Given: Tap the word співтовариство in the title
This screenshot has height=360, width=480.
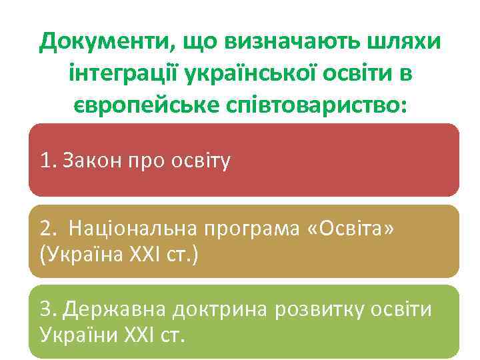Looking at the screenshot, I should click(312, 105).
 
